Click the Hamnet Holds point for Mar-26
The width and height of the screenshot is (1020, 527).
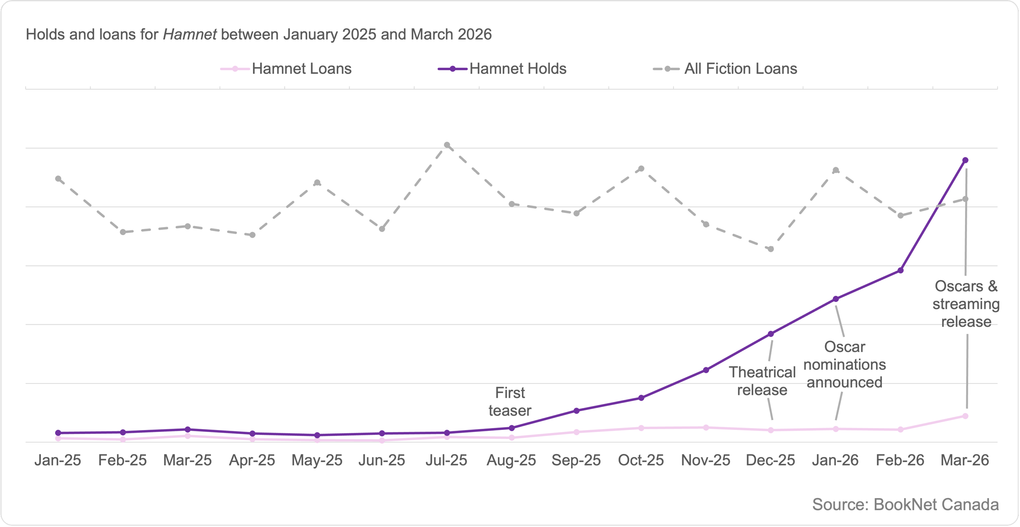click(x=965, y=160)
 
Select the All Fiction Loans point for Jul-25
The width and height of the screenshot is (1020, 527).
click(x=447, y=145)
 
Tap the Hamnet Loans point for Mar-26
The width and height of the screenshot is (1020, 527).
click(x=965, y=416)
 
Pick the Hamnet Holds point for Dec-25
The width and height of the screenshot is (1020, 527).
click(x=771, y=334)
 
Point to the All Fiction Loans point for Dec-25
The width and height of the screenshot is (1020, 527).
click(x=771, y=249)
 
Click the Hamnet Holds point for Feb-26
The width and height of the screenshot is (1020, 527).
click(x=900, y=270)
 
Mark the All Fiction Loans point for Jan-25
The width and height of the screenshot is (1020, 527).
click(x=58, y=179)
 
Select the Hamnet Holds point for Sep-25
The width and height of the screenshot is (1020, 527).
click(x=576, y=411)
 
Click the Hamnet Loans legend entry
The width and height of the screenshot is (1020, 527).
click(x=286, y=68)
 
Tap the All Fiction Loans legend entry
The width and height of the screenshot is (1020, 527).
click(x=725, y=68)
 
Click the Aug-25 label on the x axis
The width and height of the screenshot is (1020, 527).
click(x=511, y=460)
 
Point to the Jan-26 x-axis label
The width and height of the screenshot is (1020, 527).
click(x=835, y=460)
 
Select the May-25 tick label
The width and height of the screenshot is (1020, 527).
click(x=317, y=460)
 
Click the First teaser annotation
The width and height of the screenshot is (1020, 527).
click(x=510, y=401)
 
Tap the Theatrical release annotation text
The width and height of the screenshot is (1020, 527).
click(x=762, y=381)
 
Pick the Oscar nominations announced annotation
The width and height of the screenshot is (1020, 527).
click(x=845, y=364)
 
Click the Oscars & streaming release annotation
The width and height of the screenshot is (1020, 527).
click(x=966, y=304)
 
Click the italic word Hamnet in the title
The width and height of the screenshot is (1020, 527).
click(x=190, y=35)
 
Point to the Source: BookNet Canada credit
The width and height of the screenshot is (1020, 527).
click(x=905, y=505)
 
